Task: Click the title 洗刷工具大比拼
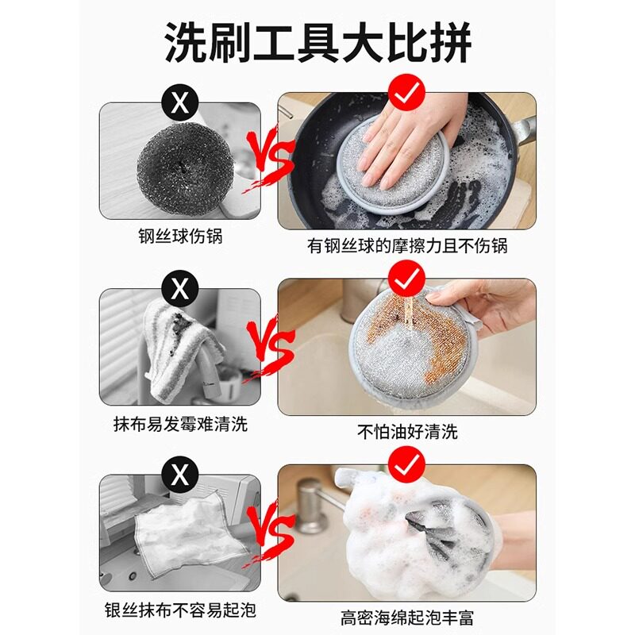coord(318,43)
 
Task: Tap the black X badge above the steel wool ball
coord(180,103)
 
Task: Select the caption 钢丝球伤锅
coord(180,236)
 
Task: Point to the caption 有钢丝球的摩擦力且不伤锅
coord(407,246)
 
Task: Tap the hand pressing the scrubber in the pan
coord(409,142)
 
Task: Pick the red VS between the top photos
coord(269,158)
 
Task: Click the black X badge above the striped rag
coord(180,289)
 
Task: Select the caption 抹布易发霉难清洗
coord(180,424)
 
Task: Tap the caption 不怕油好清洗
coord(407,432)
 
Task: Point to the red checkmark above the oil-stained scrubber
coord(406,279)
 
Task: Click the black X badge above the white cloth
coord(180,475)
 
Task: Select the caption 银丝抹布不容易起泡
coord(180,610)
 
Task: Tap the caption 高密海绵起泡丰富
coord(407,618)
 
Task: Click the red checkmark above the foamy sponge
coord(406,465)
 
